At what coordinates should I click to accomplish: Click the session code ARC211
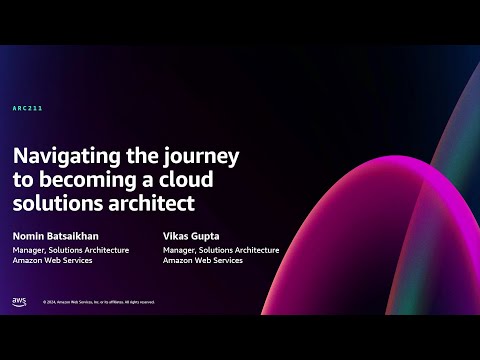[27, 107]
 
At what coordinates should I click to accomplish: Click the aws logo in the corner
[19, 301]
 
